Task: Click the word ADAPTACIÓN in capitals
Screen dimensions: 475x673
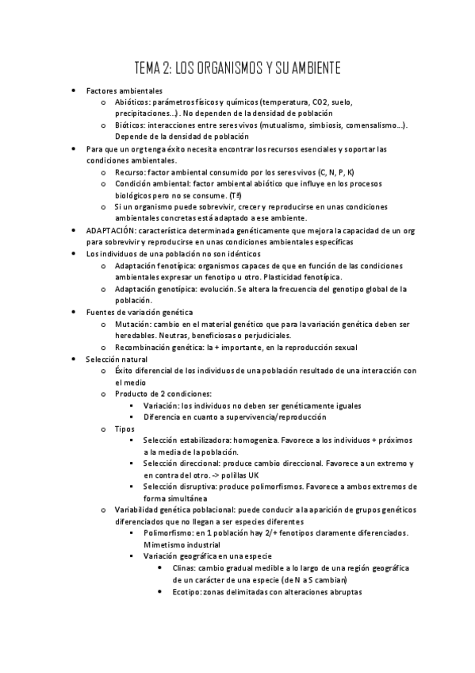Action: pyautogui.click(x=111, y=229)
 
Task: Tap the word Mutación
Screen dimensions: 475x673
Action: pyautogui.click(x=132, y=325)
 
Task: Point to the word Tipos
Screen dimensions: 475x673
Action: pyautogui.click(x=124, y=429)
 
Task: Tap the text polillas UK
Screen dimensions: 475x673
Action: pyautogui.click(x=239, y=475)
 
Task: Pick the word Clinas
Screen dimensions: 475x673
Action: pyautogui.click(x=183, y=568)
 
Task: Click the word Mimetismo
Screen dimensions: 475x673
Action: pyautogui.click(x=163, y=545)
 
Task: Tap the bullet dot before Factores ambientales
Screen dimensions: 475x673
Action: pyautogui.click(x=74, y=91)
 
